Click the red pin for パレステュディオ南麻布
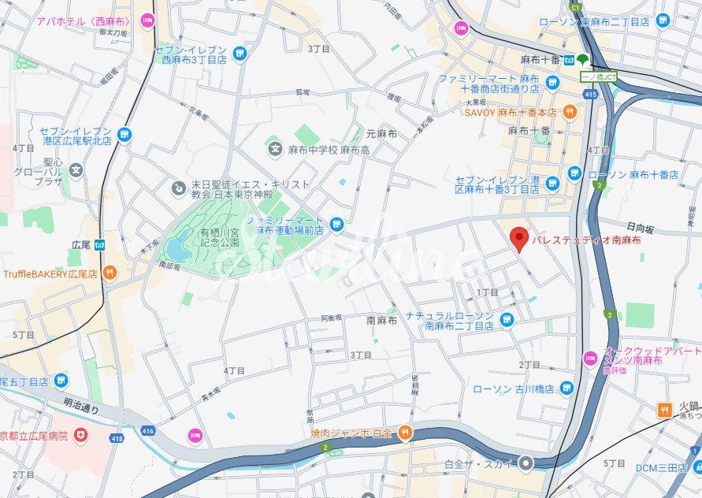coord(518,238)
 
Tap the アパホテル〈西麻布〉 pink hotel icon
coord(147,20)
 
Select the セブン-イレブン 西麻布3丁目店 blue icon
coord(240,54)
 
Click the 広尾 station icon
coord(101,244)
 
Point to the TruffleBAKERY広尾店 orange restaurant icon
coord(109,273)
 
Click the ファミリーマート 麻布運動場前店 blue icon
coord(336,225)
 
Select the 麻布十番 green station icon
coord(581,59)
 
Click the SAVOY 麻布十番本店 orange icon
coord(570,112)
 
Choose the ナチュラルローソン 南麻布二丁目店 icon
coord(507,320)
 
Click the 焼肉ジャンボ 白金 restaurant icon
coord(404,431)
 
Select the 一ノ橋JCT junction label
coord(599,76)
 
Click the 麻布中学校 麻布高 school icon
coord(275,148)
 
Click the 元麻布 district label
coord(381,134)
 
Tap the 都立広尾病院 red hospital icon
coord(80,435)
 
